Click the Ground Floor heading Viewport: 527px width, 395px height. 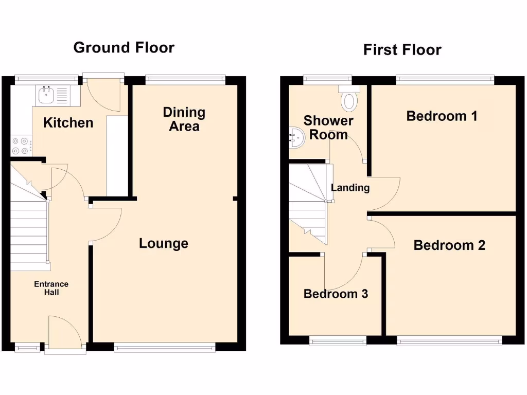[124, 47]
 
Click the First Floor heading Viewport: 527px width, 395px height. [402, 50]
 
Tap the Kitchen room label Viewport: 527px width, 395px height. [68, 122]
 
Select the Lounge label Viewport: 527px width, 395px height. [164, 243]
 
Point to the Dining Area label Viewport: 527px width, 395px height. [184, 119]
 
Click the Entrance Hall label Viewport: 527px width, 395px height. [51, 288]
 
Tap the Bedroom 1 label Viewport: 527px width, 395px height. [442, 116]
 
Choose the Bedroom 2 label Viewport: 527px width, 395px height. [449, 245]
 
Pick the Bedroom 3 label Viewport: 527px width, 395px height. [336, 294]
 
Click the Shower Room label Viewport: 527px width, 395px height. [328, 128]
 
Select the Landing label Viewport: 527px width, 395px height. [350, 188]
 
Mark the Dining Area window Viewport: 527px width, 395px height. [185, 79]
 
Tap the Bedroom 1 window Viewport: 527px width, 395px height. [445, 79]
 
